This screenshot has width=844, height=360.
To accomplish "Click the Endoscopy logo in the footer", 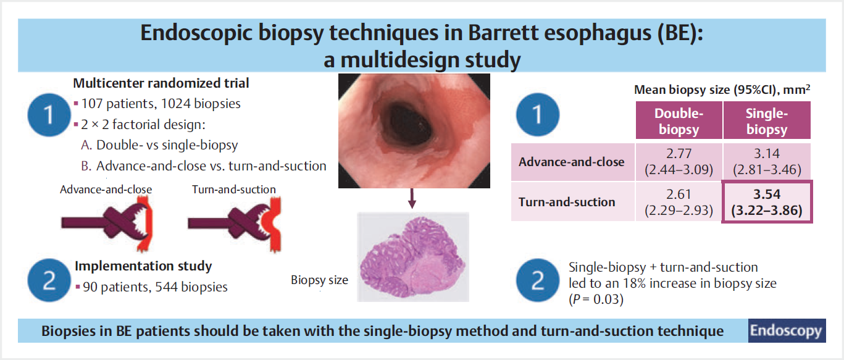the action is pyautogui.click(x=787, y=330).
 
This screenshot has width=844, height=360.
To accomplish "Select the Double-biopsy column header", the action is pyautogui.click(x=679, y=120).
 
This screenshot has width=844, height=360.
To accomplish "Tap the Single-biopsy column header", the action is pyautogui.click(x=767, y=120).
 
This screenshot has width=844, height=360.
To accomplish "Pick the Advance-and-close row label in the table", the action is pyautogui.click(x=572, y=162).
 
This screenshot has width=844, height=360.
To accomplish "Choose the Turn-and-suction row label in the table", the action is pyautogui.click(x=567, y=202).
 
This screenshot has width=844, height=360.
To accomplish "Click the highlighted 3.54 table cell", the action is pyautogui.click(x=767, y=202).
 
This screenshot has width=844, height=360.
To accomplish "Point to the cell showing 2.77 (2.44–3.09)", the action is pyautogui.click(x=679, y=162).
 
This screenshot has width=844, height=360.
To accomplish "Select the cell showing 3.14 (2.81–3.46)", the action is pyautogui.click(x=767, y=162).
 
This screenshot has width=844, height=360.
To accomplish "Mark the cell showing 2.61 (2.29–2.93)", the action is pyautogui.click(x=679, y=202).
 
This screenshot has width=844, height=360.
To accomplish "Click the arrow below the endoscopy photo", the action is pyautogui.click(x=412, y=198).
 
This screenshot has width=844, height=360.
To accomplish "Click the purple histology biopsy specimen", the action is pyautogui.click(x=412, y=257).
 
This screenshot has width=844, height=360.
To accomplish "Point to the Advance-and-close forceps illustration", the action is pyautogui.click(x=107, y=225).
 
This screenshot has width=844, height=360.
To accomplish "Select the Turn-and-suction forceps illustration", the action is pyautogui.click(x=235, y=225).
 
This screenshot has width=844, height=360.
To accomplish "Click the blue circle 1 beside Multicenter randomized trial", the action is pyautogui.click(x=49, y=115).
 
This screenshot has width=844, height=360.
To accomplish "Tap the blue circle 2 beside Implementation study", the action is pyautogui.click(x=49, y=280).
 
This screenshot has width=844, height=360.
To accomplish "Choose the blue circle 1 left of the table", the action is pyautogui.click(x=538, y=115).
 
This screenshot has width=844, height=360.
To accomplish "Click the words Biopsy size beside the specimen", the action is pyautogui.click(x=320, y=280).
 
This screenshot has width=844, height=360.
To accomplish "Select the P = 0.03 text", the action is pyautogui.click(x=596, y=299).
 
